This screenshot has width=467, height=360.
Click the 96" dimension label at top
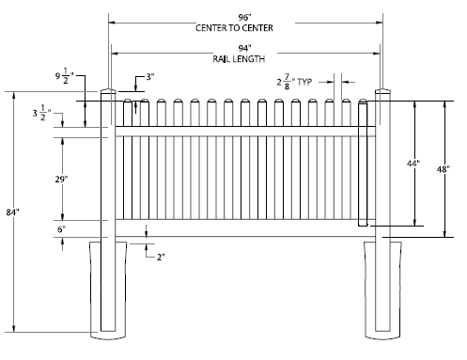point(245,17)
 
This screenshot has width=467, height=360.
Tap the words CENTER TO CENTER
point(245,27)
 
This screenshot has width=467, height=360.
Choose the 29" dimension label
point(61,179)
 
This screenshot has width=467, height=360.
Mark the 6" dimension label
point(62,228)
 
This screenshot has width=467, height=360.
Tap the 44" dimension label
point(413,164)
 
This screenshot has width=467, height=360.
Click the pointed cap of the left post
point(108,93)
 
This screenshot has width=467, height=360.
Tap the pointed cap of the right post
point(383,93)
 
